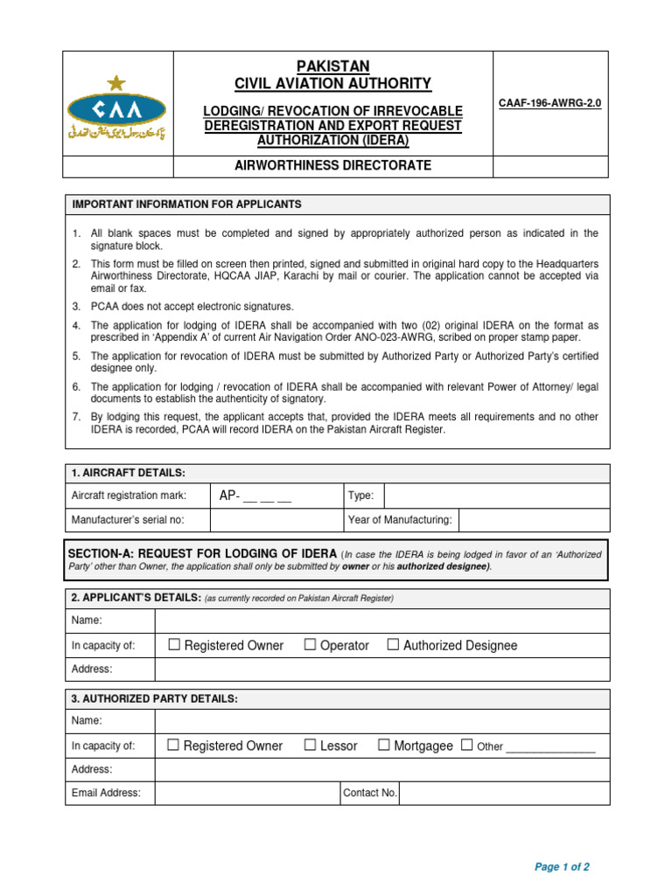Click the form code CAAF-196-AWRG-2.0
pyautogui.click(x=550, y=103)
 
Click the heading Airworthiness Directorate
pyautogui.click(x=333, y=166)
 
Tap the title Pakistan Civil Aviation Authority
pyautogui.click(x=333, y=75)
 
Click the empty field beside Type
pyautogui.click(x=496, y=496)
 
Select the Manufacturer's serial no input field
pyautogui.click(x=276, y=520)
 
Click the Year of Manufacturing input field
pyautogui.click(x=534, y=520)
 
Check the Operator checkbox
pyautogui.click(x=311, y=645)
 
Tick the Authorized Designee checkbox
pyautogui.click(x=393, y=645)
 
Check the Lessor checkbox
pyautogui.click(x=311, y=746)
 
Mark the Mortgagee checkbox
pyautogui.click(x=384, y=746)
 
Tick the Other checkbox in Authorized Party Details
pyautogui.click(x=466, y=746)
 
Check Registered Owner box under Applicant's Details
pyautogui.click(x=174, y=645)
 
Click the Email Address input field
pyautogui.click(x=247, y=794)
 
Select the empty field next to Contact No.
pyautogui.click(x=504, y=794)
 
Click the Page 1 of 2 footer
pyautogui.click(x=562, y=867)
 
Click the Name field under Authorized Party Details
pyautogui.click(x=381, y=721)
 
